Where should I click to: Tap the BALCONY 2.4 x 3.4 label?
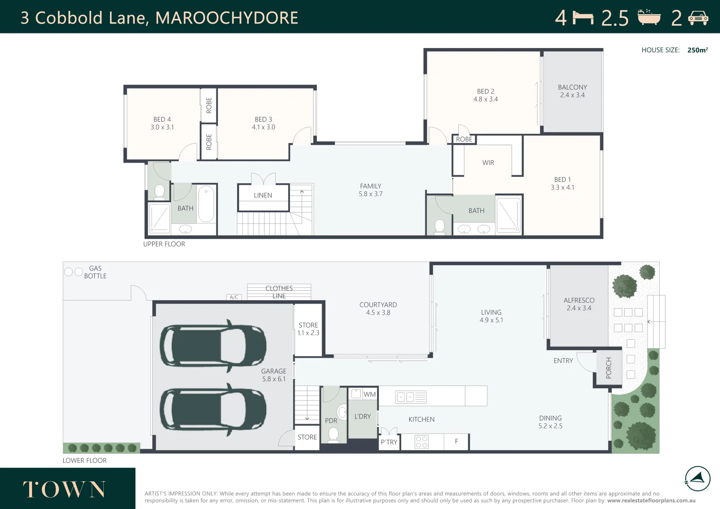pyautogui.click(x=572, y=91)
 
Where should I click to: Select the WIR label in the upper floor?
pyautogui.click(x=488, y=163)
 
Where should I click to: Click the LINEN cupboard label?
pyautogui.click(x=263, y=195)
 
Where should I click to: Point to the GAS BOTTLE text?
pyautogui.click(x=95, y=272)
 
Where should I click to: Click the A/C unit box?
pyautogui.click(x=234, y=297)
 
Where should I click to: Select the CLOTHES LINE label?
pyautogui.click(x=279, y=292)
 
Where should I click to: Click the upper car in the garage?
pyautogui.click(x=213, y=346)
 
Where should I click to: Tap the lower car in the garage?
pyautogui.click(x=213, y=409)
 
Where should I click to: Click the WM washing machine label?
pyautogui.click(x=370, y=394)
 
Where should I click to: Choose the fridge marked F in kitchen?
pyautogui.click(x=456, y=442)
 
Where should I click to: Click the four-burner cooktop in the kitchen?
pyautogui.click(x=422, y=442)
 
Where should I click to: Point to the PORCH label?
pyautogui.click(x=608, y=368)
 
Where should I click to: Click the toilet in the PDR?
pyautogui.click(x=333, y=434)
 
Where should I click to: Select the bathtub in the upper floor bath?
pyautogui.click(x=206, y=204)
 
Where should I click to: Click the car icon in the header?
pyautogui.click(x=698, y=18)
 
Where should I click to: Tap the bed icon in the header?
pyautogui.click(x=583, y=18)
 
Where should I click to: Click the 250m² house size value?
pyautogui.click(x=697, y=50)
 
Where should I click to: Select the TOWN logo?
pyautogui.click(x=65, y=490)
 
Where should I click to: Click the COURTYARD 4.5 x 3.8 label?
pyautogui.click(x=378, y=309)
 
